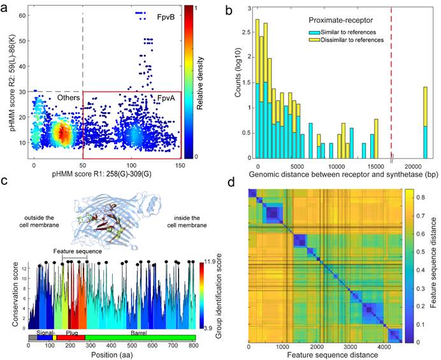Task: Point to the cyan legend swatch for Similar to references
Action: tap(314, 31)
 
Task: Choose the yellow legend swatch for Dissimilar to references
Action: tap(314, 40)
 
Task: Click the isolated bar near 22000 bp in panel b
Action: tap(424, 124)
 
